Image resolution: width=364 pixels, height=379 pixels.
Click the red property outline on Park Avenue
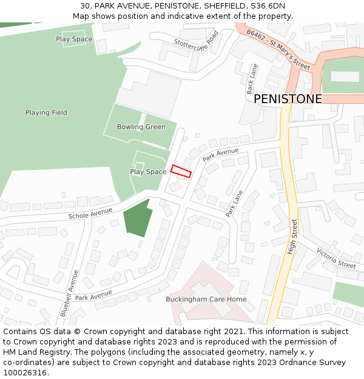181,171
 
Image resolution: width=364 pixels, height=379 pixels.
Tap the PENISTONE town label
288,99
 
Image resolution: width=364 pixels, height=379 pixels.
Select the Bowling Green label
141,127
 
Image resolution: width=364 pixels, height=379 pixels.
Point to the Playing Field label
46,112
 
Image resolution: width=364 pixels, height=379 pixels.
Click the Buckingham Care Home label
206,299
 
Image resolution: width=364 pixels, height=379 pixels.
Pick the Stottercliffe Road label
196,44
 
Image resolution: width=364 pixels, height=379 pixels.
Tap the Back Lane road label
249,79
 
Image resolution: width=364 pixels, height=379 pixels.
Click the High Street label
293,236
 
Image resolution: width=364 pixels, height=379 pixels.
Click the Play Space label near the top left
74,39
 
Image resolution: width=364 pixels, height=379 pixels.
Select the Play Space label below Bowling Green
148,172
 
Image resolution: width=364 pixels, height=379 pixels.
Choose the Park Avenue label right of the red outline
221,154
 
